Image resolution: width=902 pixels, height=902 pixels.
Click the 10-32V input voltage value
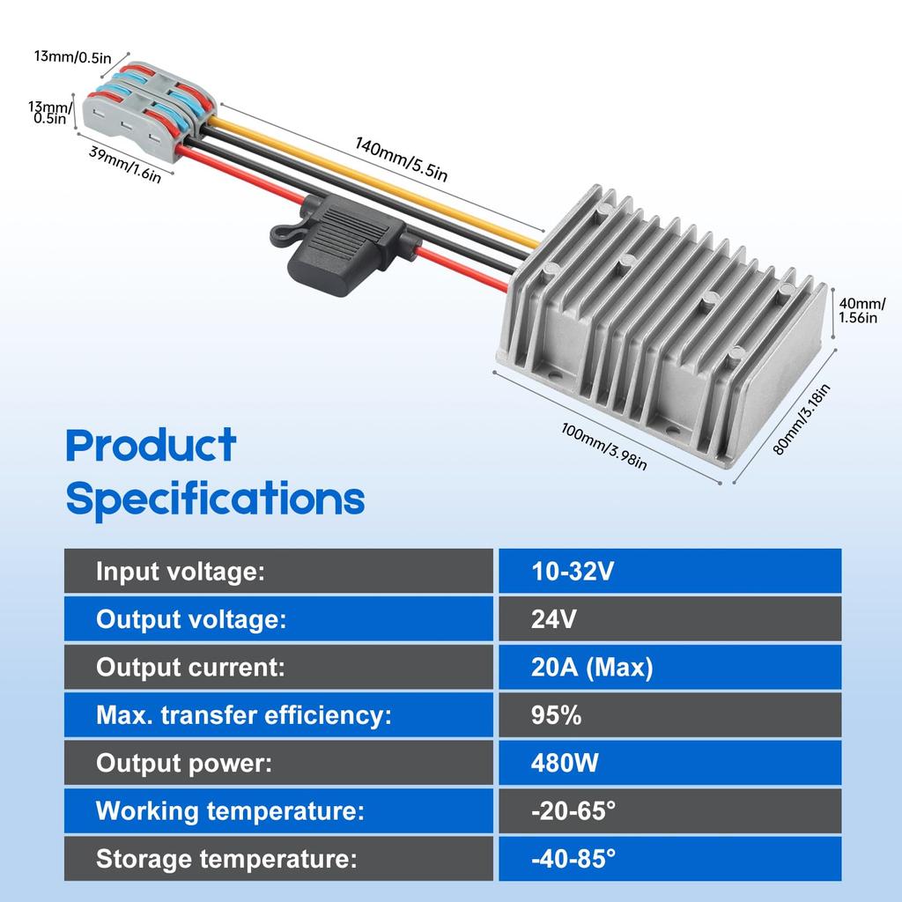[x=573, y=572]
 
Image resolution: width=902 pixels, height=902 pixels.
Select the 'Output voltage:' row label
[x=191, y=619]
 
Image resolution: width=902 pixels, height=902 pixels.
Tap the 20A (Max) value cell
[x=592, y=667]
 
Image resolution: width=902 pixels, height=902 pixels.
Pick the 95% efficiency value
[x=557, y=714]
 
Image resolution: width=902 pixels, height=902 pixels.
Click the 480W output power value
[x=565, y=762]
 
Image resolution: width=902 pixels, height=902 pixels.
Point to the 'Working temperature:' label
[x=230, y=810]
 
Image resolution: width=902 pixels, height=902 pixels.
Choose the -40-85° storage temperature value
[x=573, y=858]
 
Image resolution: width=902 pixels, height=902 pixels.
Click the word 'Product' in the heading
[x=151, y=446]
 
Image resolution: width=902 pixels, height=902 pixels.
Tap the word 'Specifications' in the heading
[x=215, y=499]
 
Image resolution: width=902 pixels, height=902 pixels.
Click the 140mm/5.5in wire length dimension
[x=401, y=159]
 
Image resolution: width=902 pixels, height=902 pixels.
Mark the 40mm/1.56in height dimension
[x=859, y=310]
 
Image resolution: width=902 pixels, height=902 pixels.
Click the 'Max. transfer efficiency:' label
[x=243, y=714]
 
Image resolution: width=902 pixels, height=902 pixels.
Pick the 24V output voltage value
[x=554, y=619]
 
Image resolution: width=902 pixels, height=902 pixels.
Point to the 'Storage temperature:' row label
[x=225, y=858]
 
